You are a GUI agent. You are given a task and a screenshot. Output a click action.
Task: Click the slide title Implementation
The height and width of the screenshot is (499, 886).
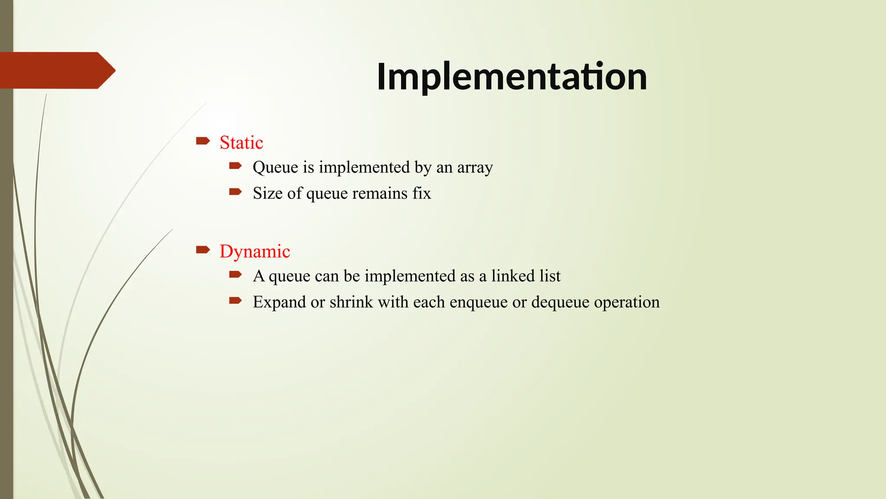512,77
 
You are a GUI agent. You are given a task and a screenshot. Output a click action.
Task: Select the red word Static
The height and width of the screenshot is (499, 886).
241,143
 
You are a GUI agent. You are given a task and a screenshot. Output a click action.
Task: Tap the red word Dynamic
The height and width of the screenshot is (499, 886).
255,251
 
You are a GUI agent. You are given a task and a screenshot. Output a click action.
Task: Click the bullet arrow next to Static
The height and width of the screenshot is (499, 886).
203,141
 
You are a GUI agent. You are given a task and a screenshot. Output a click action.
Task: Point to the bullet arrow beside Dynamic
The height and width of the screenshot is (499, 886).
203,249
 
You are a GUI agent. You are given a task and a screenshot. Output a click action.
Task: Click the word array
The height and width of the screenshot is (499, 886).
475,168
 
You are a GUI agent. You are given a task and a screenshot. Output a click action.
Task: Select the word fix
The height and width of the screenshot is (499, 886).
421,193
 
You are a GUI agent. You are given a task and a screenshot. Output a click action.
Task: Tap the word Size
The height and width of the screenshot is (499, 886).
268,193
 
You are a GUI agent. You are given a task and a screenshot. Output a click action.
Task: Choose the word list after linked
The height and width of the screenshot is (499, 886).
550,276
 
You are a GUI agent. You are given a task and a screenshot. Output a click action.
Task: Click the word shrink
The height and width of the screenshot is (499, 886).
351,302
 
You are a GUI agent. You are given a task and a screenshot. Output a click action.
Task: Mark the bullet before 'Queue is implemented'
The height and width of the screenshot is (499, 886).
235,165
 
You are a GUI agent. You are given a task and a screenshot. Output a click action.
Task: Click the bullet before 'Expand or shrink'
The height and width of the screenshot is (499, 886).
235,300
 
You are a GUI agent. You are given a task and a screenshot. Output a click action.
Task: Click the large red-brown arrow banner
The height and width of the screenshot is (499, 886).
56,70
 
